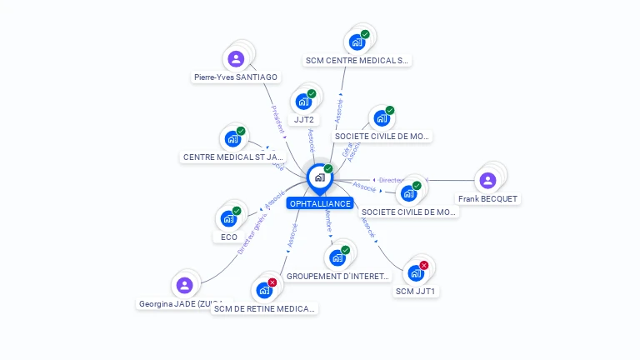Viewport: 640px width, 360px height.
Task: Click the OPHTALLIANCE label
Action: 320,203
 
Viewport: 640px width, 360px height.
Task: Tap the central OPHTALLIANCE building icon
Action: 319,177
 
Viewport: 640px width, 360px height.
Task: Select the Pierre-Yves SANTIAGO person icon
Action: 236,59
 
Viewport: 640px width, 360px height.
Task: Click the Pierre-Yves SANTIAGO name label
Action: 236,77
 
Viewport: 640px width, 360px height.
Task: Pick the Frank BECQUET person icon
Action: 487,180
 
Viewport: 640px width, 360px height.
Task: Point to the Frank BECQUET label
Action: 487,199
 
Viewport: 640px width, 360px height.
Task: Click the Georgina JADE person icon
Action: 185,285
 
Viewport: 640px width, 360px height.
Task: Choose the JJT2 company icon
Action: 303,102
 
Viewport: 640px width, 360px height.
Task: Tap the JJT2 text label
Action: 304,120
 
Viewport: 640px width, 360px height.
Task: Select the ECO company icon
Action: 228,219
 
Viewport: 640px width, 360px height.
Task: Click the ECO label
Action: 229,237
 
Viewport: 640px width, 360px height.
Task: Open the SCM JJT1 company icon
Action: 415,272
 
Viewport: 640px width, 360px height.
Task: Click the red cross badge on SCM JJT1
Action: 423,265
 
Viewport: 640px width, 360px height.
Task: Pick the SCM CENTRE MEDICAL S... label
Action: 357,61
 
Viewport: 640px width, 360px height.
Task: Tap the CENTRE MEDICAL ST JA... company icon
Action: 232,138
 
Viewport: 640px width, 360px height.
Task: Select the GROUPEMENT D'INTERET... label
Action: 337,276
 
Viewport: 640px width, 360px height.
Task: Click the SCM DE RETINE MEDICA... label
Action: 265,309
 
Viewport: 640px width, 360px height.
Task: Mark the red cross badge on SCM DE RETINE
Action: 272,282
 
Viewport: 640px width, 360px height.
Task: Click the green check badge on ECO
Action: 237,212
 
